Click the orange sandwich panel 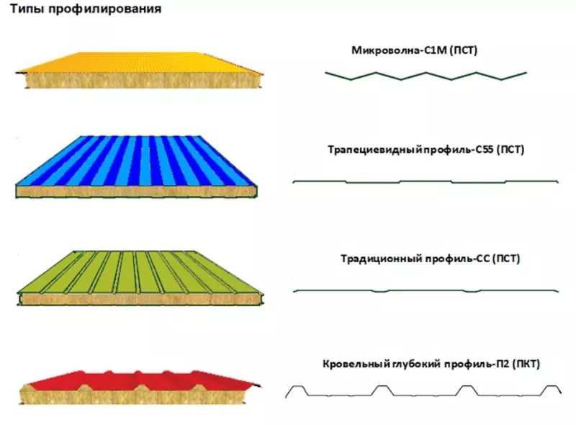pyautogui.click(x=140, y=71)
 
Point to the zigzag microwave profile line pyautogui.click(x=426, y=74)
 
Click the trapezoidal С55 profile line pyautogui.click(x=426, y=182)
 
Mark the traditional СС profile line pyautogui.click(x=426, y=290)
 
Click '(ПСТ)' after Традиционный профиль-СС pyautogui.click(x=506, y=258)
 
